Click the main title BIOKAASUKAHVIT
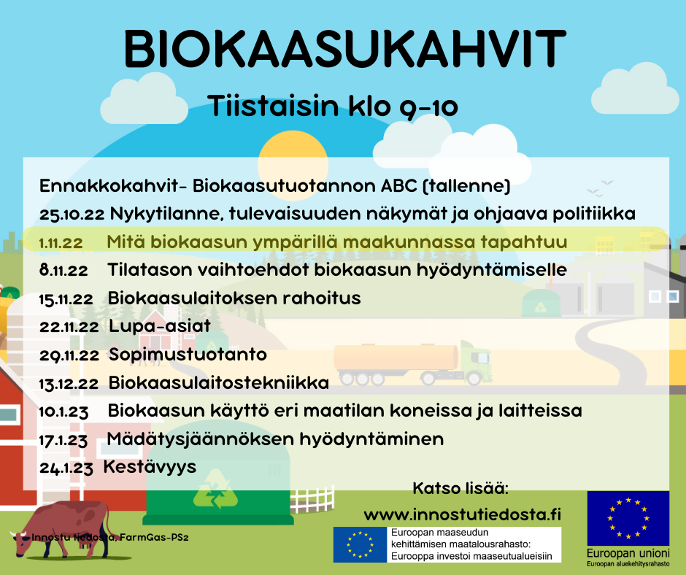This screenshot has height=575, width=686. (x=345, y=49)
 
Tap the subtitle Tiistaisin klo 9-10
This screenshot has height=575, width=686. (x=333, y=107)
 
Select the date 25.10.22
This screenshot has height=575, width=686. (x=72, y=215)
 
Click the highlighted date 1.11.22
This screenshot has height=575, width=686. (x=61, y=242)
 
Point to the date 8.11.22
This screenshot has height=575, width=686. (x=63, y=271)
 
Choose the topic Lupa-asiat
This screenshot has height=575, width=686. (x=160, y=326)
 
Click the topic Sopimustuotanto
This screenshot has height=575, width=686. (x=188, y=355)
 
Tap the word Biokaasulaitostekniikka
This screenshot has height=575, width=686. (x=219, y=383)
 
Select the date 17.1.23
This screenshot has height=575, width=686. (x=63, y=440)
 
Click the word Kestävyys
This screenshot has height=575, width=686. (x=150, y=467)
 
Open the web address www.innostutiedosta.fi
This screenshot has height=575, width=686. (x=463, y=514)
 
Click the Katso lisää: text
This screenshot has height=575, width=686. (x=460, y=488)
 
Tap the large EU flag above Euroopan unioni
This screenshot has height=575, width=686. (x=628, y=518)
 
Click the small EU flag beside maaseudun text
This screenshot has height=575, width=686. (x=360, y=544)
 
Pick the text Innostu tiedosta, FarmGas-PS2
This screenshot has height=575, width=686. (x=109, y=537)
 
